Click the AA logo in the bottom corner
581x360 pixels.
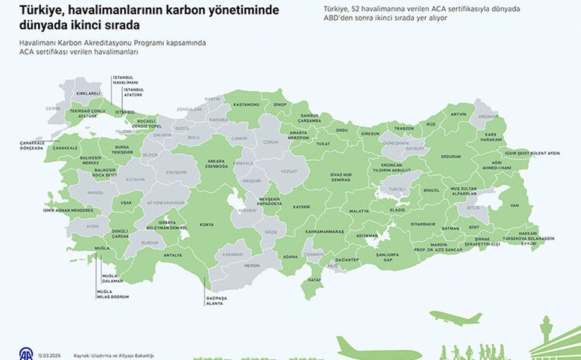(x=26, y=353)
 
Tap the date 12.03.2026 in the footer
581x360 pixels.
(x=48, y=355)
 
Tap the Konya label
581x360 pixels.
(x=206, y=224)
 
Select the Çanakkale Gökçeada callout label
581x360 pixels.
(x=31, y=145)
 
